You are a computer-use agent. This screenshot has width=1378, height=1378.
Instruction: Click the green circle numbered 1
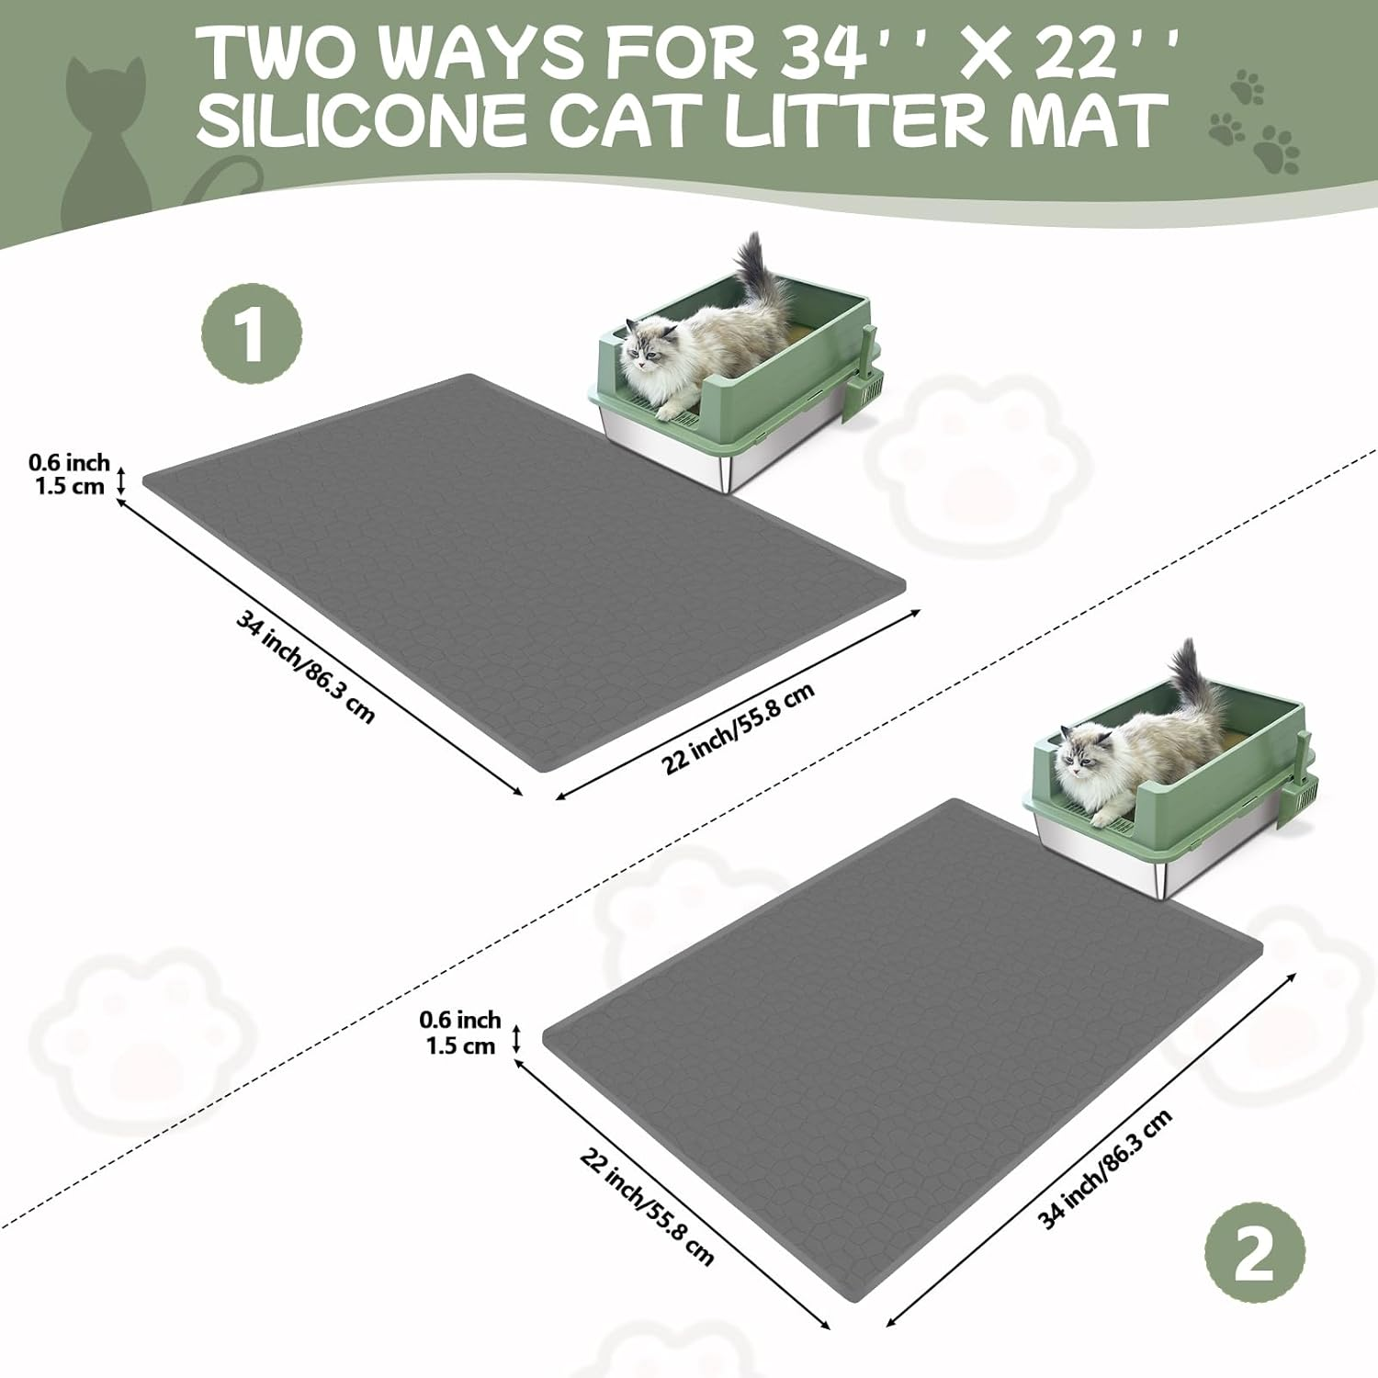(x=251, y=336)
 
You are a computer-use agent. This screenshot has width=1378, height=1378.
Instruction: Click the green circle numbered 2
(x=1254, y=1253)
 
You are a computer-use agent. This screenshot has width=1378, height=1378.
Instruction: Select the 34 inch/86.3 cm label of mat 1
(x=305, y=667)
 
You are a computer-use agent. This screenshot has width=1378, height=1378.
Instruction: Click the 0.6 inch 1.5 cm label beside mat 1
(x=68, y=474)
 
